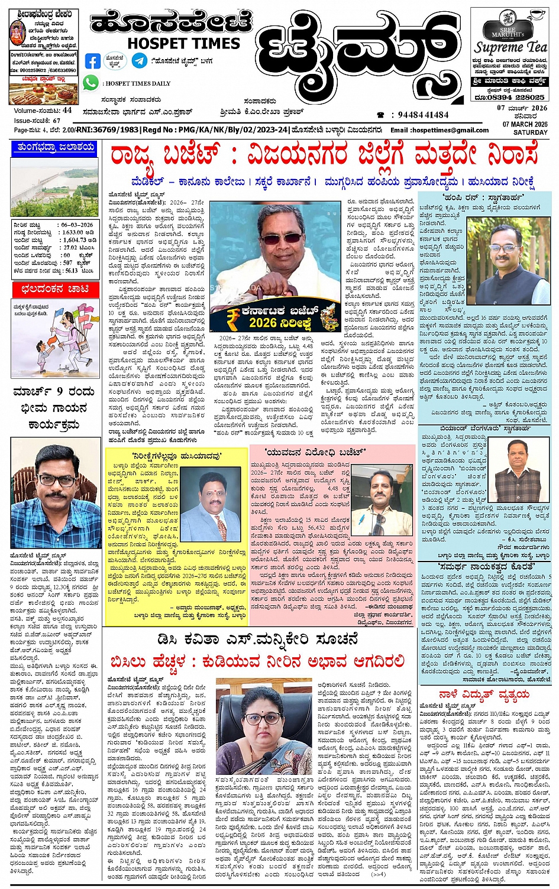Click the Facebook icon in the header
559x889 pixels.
pos(93,61)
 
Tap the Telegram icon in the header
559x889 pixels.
pos(140,60)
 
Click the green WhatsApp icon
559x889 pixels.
pos(91,83)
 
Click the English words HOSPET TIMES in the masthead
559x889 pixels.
pos(183,43)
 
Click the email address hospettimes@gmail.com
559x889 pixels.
pos(440,130)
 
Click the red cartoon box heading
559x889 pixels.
pos(55,289)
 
